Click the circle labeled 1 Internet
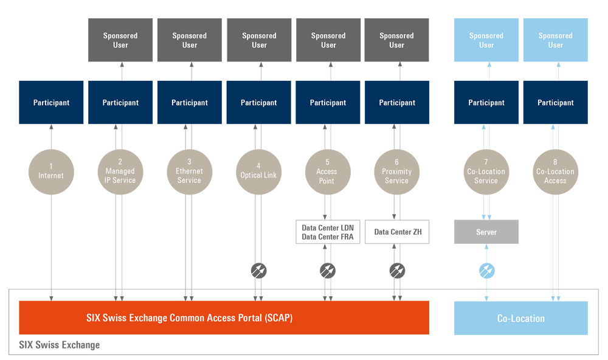coord(51,171)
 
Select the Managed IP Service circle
coord(120,171)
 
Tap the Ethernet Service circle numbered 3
coord(189,171)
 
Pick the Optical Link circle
coord(258,171)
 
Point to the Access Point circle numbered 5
coord(327,171)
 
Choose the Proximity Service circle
coord(396,171)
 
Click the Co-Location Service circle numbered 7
coord(486,171)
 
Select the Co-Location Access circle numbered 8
coord(555,171)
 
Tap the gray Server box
coord(486,232)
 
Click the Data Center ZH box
coord(397,232)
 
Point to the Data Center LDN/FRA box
coord(327,232)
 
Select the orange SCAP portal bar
coord(224,317)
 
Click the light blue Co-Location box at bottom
coord(521,318)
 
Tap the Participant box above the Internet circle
coord(51,102)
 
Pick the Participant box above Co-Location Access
coord(555,102)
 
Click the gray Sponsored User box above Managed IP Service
coord(120,40)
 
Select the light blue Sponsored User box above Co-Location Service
coord(486,40)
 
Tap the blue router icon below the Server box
coord(486,271)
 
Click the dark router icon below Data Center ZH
coord(397,271)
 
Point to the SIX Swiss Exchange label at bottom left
coord(59,345)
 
